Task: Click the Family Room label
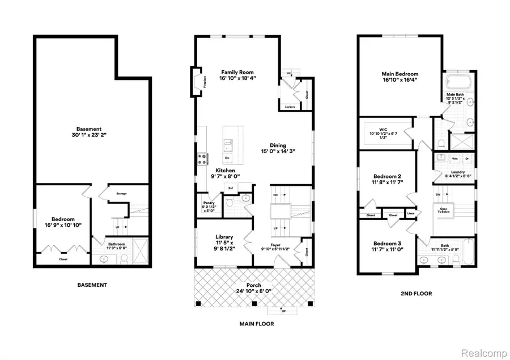(236, 72)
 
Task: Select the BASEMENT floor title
(91, 285)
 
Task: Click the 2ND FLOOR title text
(416, 294)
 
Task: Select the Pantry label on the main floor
(208, 203)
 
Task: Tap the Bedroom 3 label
(388, 244)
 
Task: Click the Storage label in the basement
(121, 194)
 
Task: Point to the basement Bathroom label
(119, 244)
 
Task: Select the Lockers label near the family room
(289, 106)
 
